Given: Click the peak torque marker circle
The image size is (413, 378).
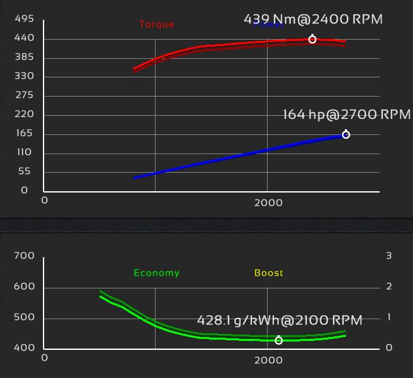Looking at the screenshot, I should pyautogui.click(x=312, y=40).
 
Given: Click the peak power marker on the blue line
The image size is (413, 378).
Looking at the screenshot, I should pyautogui.click(x=346, y=135).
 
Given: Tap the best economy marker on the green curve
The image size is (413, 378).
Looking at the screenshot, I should pyautogui.click(x=279, y=341).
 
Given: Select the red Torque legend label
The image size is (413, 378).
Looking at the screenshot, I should pyautogui.click(x=157, y=25).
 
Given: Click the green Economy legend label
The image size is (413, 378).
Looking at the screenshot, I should pyautogui.click(x=157, y=273).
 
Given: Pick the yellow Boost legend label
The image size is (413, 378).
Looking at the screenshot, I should pyautogui.click(x=268, y=273).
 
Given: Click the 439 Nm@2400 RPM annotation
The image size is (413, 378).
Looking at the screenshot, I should pyautogui.click(x=313, y=19).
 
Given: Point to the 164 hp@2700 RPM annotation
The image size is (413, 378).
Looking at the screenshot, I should pyautogui.click(x=346, y=115).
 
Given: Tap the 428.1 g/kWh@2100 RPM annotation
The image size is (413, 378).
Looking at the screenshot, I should pyautogui.click(x=280, y=320).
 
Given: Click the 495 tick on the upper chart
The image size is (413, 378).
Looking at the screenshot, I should pyautogui.click(x=24, y=19).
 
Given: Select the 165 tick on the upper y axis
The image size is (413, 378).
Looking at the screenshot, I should pyautogui.click(x=24, y=134).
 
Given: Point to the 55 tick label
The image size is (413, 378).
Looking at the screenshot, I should pyautogui.click(x=24, y=171).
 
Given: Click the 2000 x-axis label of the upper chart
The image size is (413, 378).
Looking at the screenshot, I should pyautogui.click(x=268, y=202).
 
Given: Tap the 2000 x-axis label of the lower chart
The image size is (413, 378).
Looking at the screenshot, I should pyautogui.click(x=268, y=360).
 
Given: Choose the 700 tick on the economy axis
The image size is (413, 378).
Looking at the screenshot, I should pyautogui.click(x=24, y=256).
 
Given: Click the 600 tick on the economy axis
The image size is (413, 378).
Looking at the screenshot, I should pyautogui.click(x=24, y=287).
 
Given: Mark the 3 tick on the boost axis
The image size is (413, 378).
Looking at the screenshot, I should pyautogui.click(x=389, y=256).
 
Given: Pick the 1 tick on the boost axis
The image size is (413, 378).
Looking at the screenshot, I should pyautogui.click(x=389, y=318).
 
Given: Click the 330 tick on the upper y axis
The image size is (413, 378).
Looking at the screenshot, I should pyautogui.click(x=24, y=77).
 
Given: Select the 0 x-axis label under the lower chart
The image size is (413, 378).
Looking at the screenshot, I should pyautogui.click(x=44, y=358).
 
